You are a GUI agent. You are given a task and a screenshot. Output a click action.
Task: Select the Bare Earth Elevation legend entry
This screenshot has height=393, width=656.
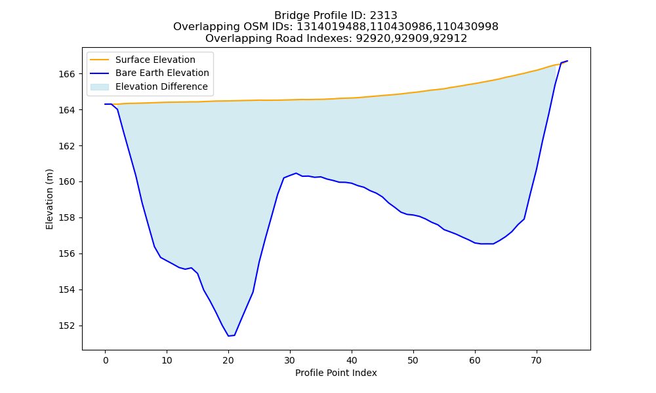click(x=150, y=73)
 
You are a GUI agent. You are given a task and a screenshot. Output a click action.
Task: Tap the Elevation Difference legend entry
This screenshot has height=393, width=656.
click(x=149, y=86)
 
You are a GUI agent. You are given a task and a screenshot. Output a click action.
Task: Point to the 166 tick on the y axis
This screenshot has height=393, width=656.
click(x=66, y=74)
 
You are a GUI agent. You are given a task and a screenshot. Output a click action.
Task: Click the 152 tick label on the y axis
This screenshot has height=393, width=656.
click(x=66, y=326)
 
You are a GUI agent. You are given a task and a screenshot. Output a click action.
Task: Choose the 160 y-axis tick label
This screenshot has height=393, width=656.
click(x=66, y=181)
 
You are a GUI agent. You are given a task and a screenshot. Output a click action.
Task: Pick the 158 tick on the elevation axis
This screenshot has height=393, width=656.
click(x=66, y=217)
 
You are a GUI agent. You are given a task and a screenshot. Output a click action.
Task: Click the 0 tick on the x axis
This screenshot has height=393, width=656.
click(x=106, y=360)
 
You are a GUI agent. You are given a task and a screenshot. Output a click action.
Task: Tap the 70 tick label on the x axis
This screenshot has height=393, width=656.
click(x=537, y=360)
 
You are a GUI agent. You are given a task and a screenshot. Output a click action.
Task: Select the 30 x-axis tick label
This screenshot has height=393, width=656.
click(x=290, y=360)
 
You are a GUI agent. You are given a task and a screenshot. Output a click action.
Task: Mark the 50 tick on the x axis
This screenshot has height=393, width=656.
click(x=413, y=360)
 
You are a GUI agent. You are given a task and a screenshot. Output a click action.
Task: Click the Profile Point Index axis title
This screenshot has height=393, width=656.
click(x=336, y=373)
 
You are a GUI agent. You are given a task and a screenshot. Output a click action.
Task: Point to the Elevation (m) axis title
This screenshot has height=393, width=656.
click(x=49, y=199)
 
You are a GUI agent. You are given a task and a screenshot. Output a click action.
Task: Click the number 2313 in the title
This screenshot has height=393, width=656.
click(x=383, y=16)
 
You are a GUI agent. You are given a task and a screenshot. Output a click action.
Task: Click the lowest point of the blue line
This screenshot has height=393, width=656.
click(x=228, y=336)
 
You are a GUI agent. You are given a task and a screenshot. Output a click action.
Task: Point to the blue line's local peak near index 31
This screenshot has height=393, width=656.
click(x=296, y=173)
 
